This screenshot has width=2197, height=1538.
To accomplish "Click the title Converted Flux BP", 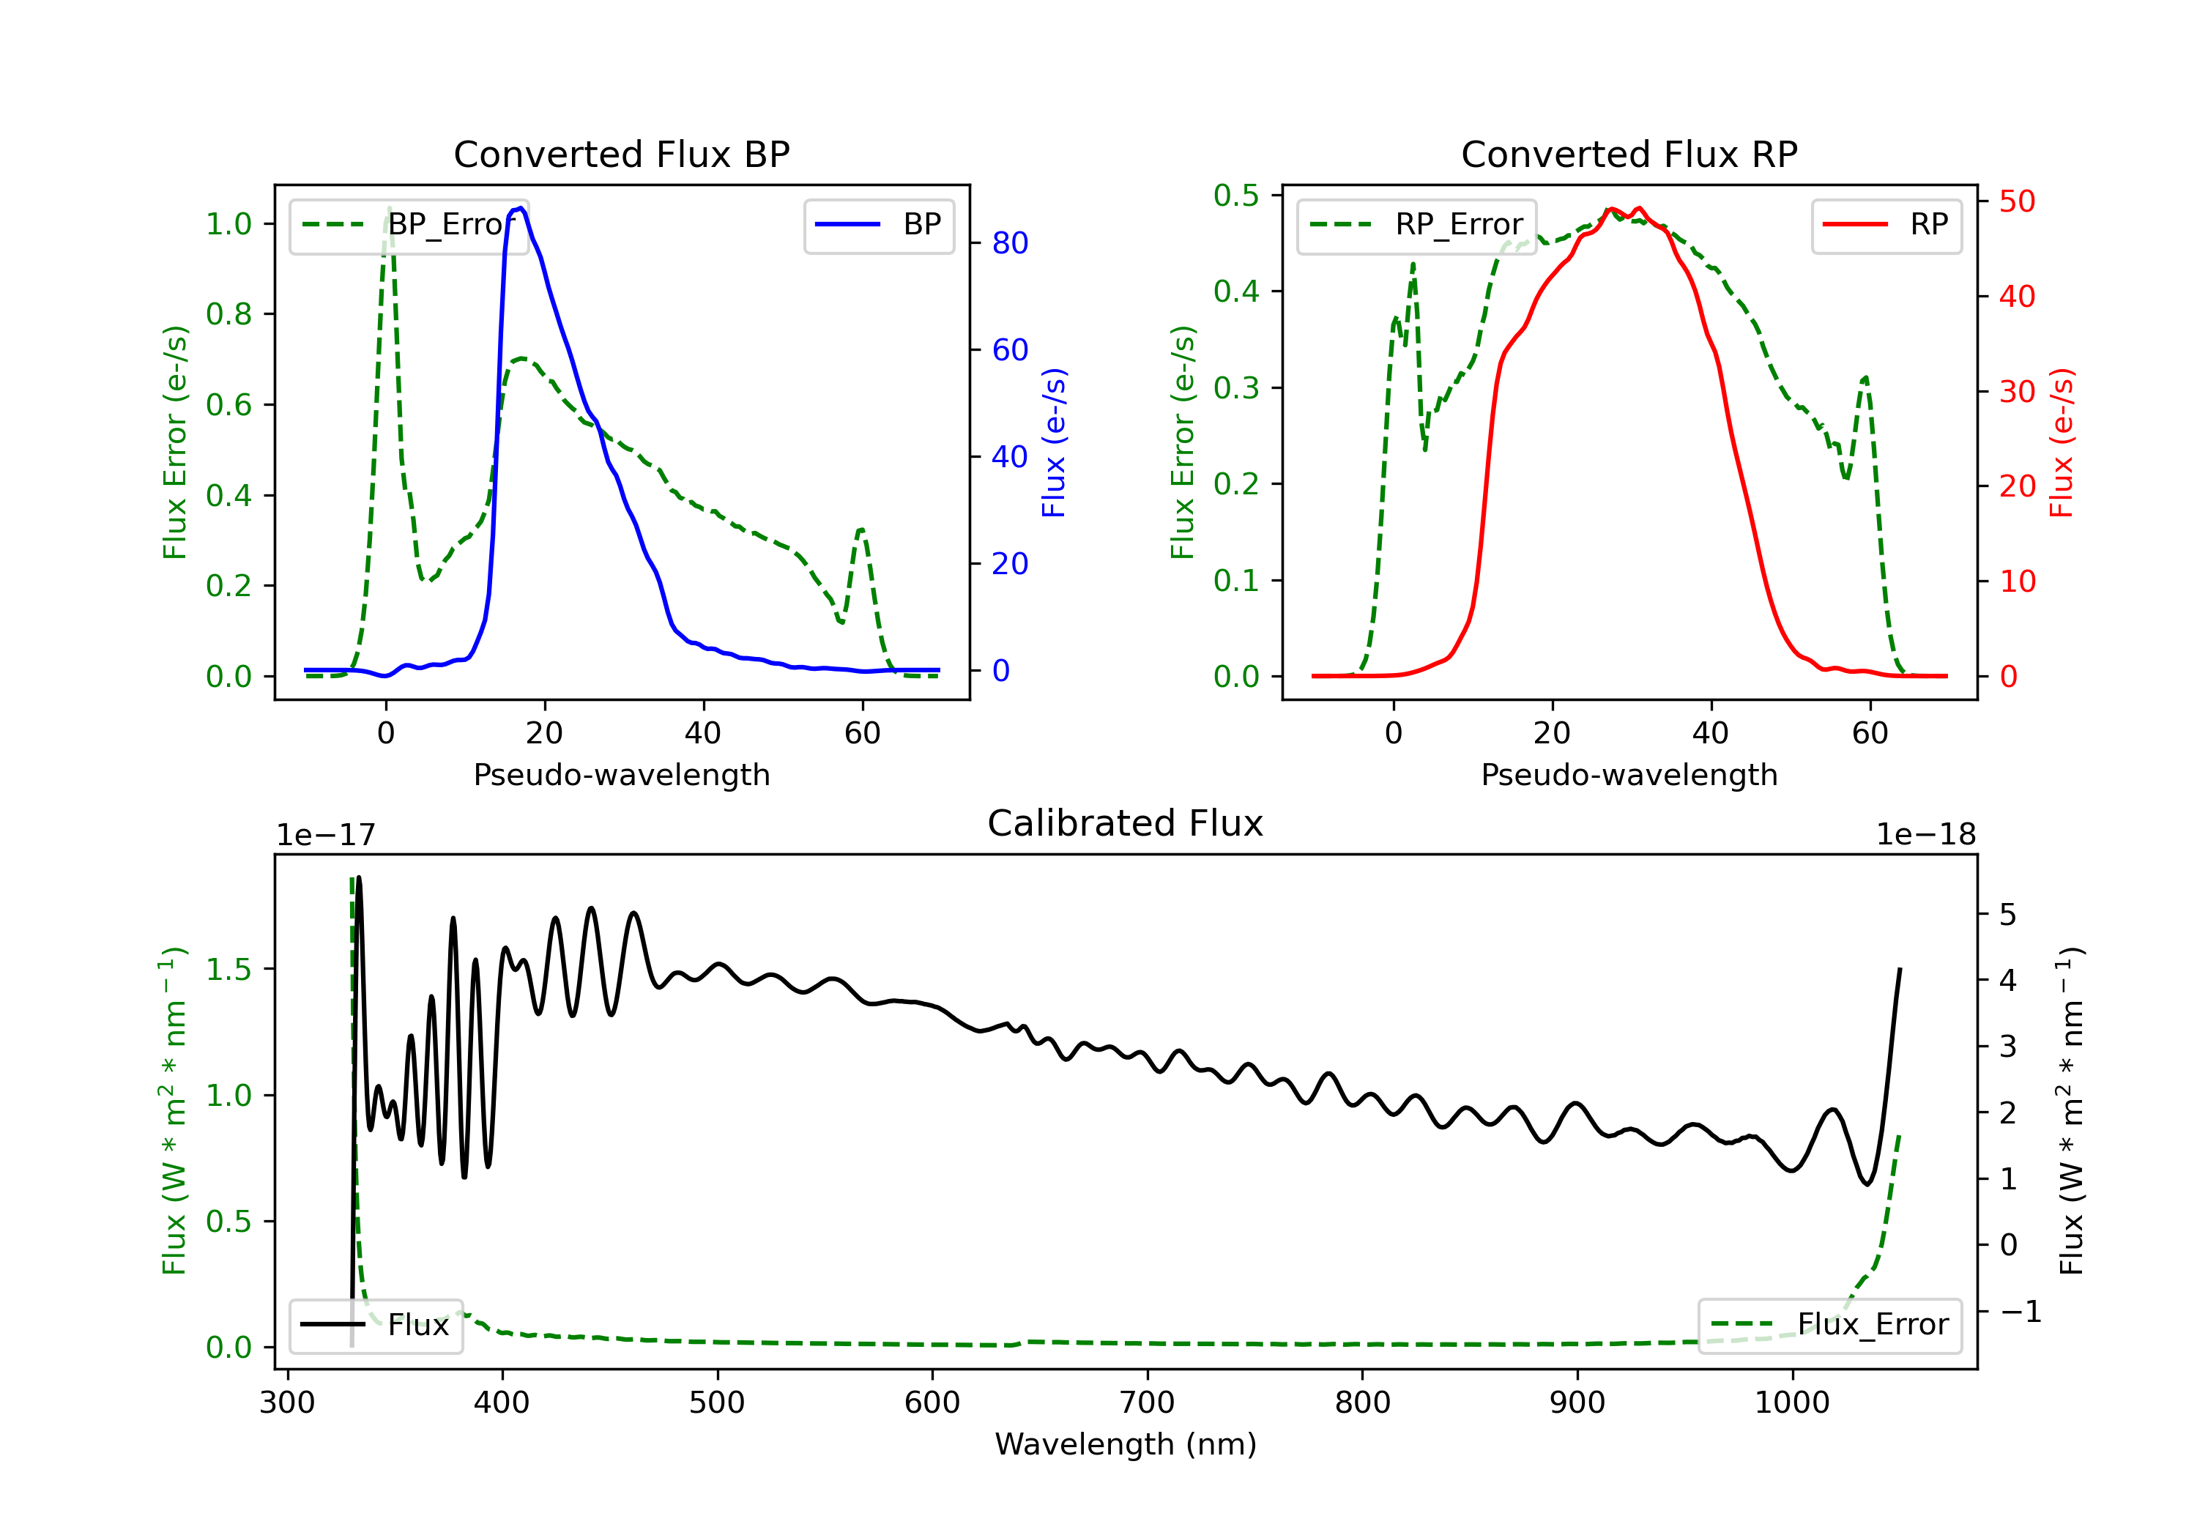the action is click(622, 154).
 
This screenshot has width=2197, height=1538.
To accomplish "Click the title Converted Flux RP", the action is click(1629, 154).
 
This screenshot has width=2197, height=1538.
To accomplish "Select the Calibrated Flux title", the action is click(1126, 823).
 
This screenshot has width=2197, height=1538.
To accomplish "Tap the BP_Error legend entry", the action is click(409, 225).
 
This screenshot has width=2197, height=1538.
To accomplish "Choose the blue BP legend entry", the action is click(878, 225).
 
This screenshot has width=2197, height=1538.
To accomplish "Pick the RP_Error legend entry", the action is click(1416, 225).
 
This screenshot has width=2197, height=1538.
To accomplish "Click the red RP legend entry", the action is click(1886, 225).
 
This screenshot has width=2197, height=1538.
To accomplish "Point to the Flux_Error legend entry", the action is click(1829, 1326).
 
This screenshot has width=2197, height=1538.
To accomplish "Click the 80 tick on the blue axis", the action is click(1009, 243).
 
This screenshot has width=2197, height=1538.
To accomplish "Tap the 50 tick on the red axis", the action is click(2017, 201).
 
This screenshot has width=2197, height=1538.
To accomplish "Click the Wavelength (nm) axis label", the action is click(1126, 1444).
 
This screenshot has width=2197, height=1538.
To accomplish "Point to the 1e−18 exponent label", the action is click(1925, 835).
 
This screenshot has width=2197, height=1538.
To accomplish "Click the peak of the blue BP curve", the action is click(518, 208).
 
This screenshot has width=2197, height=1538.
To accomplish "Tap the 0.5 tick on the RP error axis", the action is click(1236, 196).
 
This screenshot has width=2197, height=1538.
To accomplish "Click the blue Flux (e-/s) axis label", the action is click(1054, 443).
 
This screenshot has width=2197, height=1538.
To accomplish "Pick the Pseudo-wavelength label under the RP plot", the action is click(1629, 774).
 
